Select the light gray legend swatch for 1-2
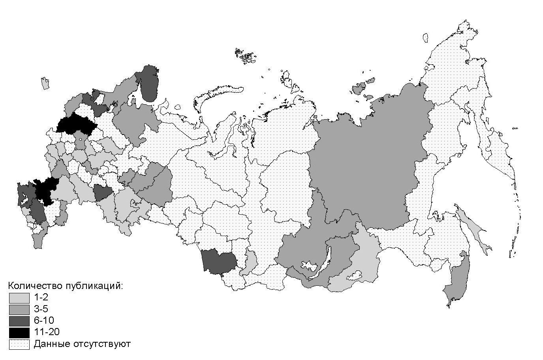pyautogui.click(x=19, y=298)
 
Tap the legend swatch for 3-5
pyautogui.click(x=19, y=309)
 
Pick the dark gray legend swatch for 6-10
pyautogui.click(x=19, y=321)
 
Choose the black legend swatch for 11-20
pyautogui.click(x=19, y=332)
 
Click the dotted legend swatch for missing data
pyautogui.click(x=19, y=344)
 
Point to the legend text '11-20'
pyautogui.click(x=47, y=332)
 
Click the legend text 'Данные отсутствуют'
pyautogui.click(x=82, y=344)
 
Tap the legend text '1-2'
pyautogui.click(x=41, y=298)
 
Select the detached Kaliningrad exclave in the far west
pyautogui.click(x=45, y=83)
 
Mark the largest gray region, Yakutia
pyautogui.click(x=367, y=166)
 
